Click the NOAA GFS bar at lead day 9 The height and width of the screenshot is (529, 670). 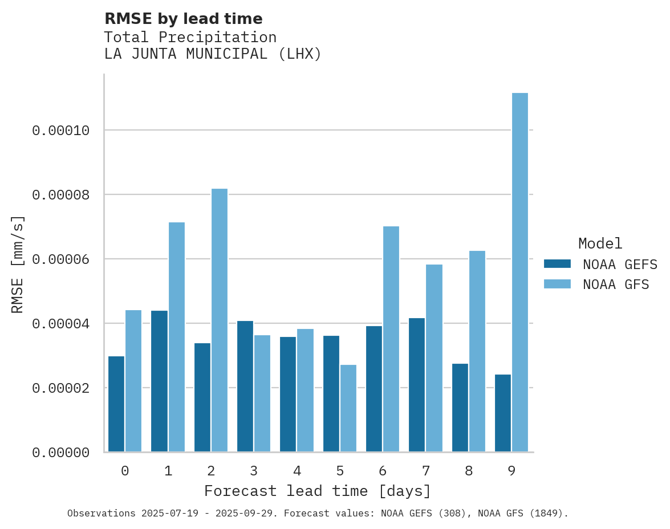(520, 272)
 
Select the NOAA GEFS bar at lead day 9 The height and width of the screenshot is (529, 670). (503, 413)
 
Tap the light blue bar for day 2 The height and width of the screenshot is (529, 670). (220, 320)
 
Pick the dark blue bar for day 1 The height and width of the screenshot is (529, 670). (159, 381)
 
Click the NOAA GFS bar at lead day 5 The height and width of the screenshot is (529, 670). (348, 408)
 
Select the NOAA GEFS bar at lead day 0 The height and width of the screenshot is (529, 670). (116, 404)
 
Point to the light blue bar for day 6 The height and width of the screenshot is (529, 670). (391, 339)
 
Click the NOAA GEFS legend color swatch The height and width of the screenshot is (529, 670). (557, 263)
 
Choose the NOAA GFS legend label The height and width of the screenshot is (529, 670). (616, 284)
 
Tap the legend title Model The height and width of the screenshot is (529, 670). (600, 243)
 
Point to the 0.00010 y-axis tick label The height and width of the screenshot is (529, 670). (61, 131)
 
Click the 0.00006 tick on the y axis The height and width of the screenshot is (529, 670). (61, 259)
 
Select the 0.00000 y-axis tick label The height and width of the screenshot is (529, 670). (61, 453)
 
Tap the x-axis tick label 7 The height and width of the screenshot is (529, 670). (426, 471)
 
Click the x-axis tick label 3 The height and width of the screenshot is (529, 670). (254, 471)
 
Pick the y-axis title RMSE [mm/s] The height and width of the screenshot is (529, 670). (18, 264)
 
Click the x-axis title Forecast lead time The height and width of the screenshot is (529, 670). (318, 491)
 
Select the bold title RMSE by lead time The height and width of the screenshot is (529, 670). (183, 19)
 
